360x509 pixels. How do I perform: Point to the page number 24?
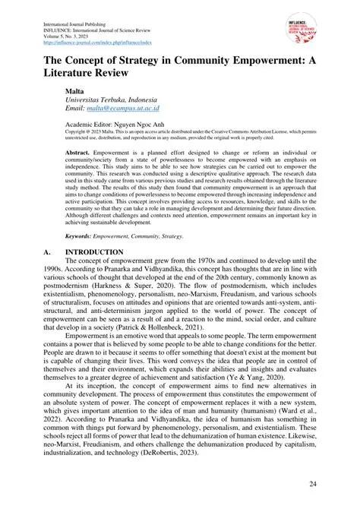tap(313, 484)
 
